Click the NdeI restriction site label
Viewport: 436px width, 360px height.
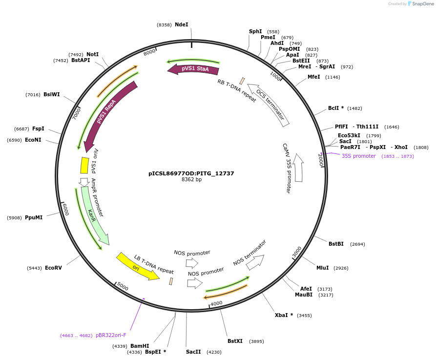click(x=181, y=24)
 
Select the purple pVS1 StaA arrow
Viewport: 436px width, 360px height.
click(x=193, y=69)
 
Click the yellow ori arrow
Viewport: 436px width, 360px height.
click(x=138, y=267)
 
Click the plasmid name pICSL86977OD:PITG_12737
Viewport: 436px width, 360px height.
click(x=191, y=173)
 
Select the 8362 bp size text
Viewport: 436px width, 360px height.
click(x=191, y=180)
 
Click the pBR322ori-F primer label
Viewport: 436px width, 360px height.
click(x=111, y=335)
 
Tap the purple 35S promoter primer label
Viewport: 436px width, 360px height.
click(x=358, y=156)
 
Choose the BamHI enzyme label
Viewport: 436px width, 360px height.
click(x=140, y=346)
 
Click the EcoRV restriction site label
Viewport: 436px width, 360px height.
click(x=53, y=268)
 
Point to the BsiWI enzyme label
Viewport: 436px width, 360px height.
click(x=51, y=94)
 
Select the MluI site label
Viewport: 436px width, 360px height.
click(x=322, y=268)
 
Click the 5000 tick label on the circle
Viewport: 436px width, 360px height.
click(x=122, y=287)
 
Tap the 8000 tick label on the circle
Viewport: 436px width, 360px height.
click(x=149, y=52)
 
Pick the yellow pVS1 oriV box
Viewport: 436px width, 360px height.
click(x=84, y=165)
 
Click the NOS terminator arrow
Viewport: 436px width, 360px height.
click(x=254, y=262)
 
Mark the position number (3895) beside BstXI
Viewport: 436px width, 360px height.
click(x=256, y=341)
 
